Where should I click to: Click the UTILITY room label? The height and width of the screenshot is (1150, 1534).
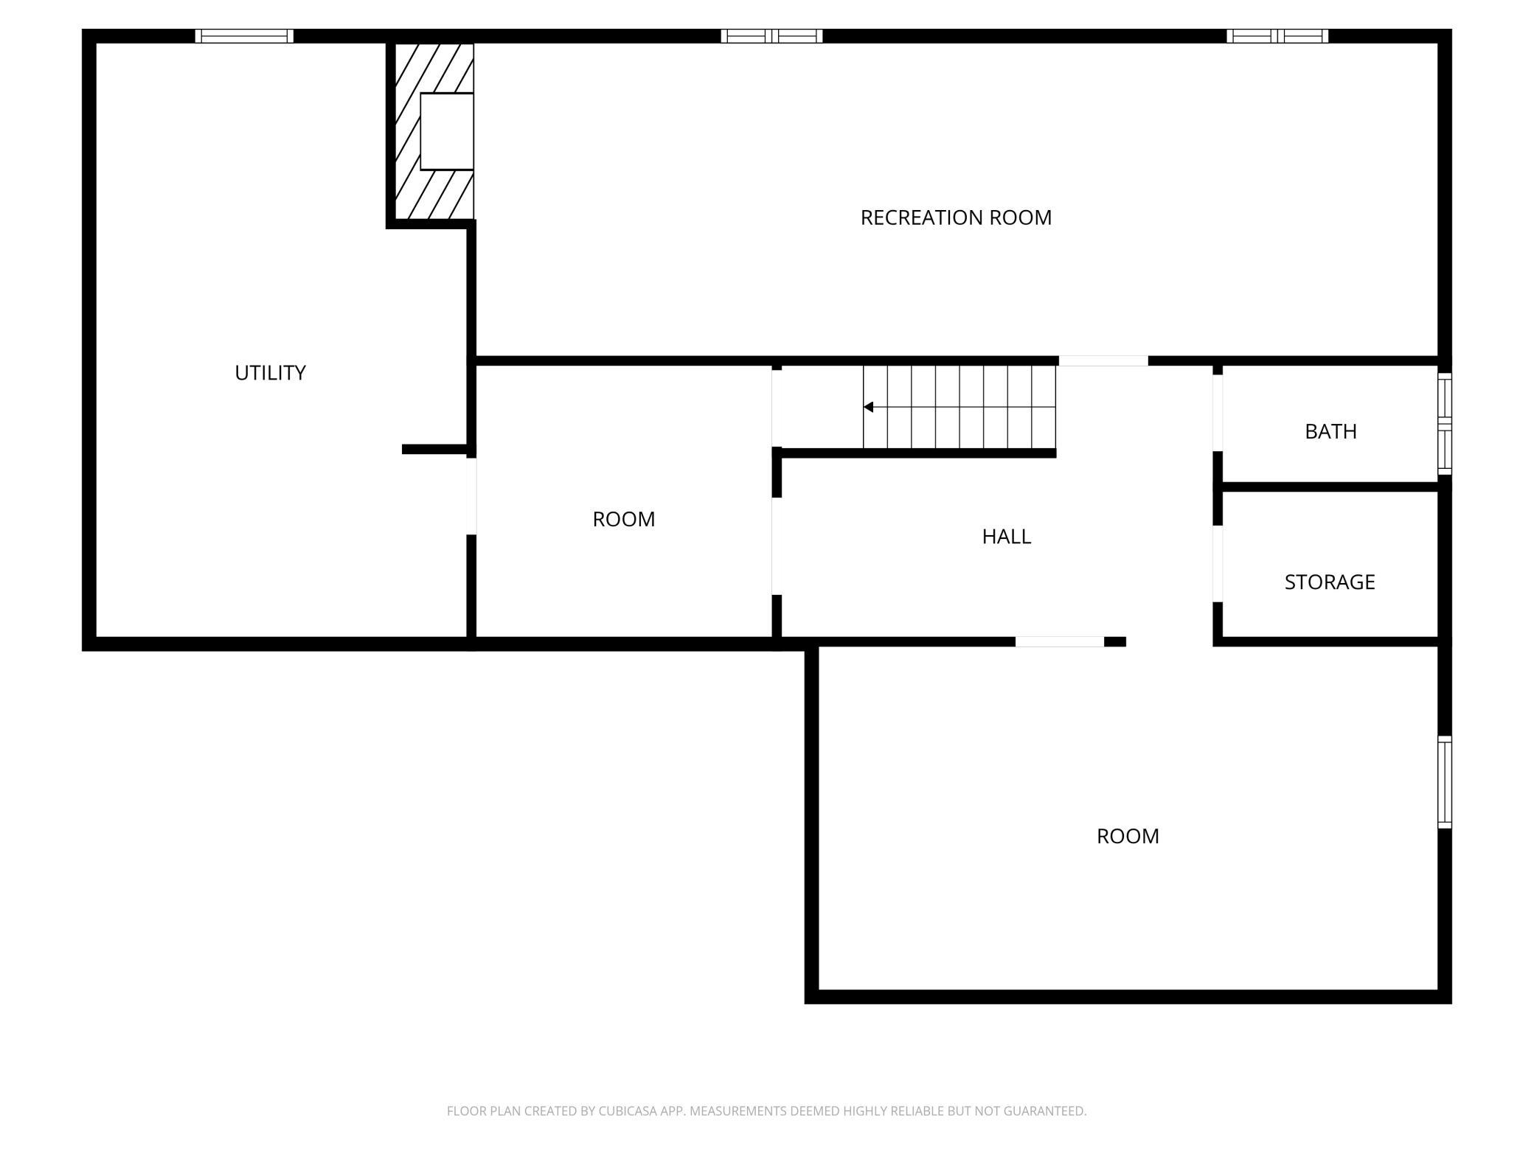[270, 373]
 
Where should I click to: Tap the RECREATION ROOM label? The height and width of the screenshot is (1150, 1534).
[956, 217]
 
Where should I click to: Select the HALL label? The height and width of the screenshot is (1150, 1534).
[1006, 537]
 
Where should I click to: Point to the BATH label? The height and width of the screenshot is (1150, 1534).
[1330, 431]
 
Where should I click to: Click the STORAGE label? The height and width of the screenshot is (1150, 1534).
[1329, 582]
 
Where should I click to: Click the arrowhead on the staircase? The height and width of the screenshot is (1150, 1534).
[869, 407]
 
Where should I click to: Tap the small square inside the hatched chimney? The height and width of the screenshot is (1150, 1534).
[446, 131]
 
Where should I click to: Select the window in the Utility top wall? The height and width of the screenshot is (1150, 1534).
[244, 36]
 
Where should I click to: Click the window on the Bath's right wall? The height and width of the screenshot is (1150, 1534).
[1445, 424]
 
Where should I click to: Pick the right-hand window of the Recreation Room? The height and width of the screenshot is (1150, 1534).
[1277, 36]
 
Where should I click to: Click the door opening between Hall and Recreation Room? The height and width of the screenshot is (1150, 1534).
[1103, 360]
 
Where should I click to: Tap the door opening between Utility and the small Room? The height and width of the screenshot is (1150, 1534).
[471, 495]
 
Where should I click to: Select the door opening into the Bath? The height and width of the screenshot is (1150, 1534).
[1218, 412]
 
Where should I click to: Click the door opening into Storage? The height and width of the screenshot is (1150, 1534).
[1218, 563]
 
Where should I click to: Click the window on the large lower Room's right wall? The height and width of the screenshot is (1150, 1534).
[1445, 781]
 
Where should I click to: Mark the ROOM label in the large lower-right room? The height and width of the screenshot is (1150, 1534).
[1128, 836]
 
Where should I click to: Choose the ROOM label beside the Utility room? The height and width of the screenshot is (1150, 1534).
[623, 520]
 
